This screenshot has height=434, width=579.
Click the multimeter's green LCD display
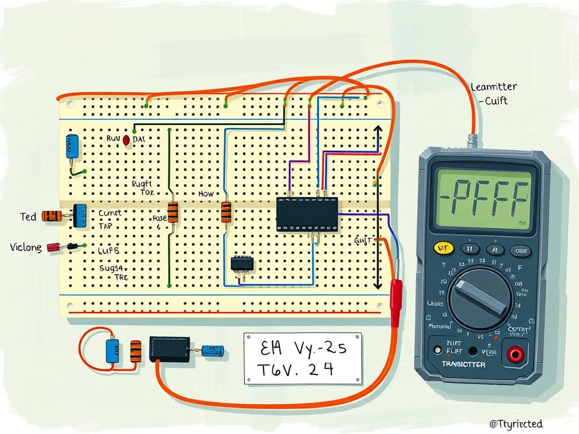click(x=482, y=199)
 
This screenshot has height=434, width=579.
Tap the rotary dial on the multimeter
click(x=480, y=298)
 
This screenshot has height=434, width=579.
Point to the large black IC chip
click(x=307, y=214)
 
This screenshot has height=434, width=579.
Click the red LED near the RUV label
click(x=126, y=140)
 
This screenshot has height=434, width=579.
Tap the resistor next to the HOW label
click(x=226, y=212)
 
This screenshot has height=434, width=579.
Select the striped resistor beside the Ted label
click(x=53, y=216)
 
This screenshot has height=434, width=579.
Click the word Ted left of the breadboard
click(x=28, y=216)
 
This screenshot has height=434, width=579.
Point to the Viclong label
click(x=25, y=248)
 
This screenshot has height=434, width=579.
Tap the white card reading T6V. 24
click(x=303, y=358)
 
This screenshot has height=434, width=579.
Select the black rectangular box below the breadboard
click(x=169, y=349)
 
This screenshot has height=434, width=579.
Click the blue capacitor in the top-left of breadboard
click(x=72, y=146)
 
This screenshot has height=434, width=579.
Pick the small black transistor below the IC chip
click(x=242, y=263)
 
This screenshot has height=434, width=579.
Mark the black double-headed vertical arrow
click(x=378, y=207)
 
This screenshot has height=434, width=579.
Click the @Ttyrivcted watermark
click(x=516, y=423)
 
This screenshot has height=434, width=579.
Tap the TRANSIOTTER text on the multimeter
click(x=463, y=364)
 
